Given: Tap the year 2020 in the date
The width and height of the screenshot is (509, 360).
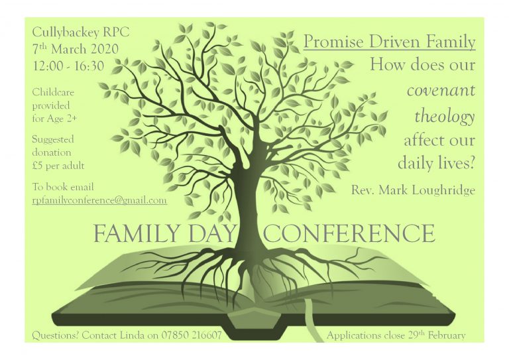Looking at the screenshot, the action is point(104,49).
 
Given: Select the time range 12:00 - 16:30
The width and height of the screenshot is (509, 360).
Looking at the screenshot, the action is point(68,66).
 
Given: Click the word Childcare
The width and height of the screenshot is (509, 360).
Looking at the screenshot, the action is point(53,92).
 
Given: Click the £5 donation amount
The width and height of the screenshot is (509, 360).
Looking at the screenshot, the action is point(37,166).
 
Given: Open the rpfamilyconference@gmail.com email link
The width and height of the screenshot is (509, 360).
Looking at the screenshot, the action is point(99,200).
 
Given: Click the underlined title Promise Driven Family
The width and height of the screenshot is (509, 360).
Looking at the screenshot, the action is point(390,42).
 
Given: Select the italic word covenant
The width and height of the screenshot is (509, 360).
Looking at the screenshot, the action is point(441,90).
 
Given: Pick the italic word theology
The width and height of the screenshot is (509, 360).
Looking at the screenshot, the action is point(445,116).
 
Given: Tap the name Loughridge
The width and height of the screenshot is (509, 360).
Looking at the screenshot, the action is point(443,190).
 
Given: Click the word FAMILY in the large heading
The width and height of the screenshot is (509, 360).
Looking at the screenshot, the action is point(137,233).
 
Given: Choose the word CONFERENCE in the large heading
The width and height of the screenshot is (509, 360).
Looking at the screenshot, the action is point(349,233).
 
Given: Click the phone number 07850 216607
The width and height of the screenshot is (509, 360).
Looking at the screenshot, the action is point(192,335).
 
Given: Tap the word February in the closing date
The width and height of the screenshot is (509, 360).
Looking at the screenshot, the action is point(446,335).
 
